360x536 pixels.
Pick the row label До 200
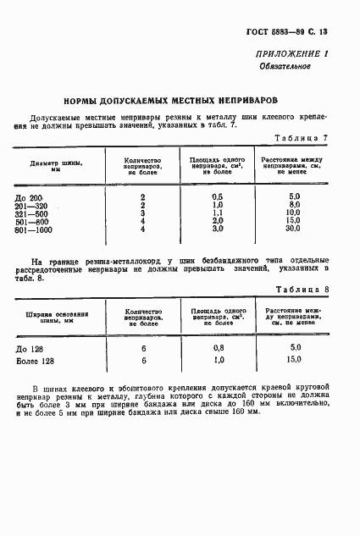(42, 196)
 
